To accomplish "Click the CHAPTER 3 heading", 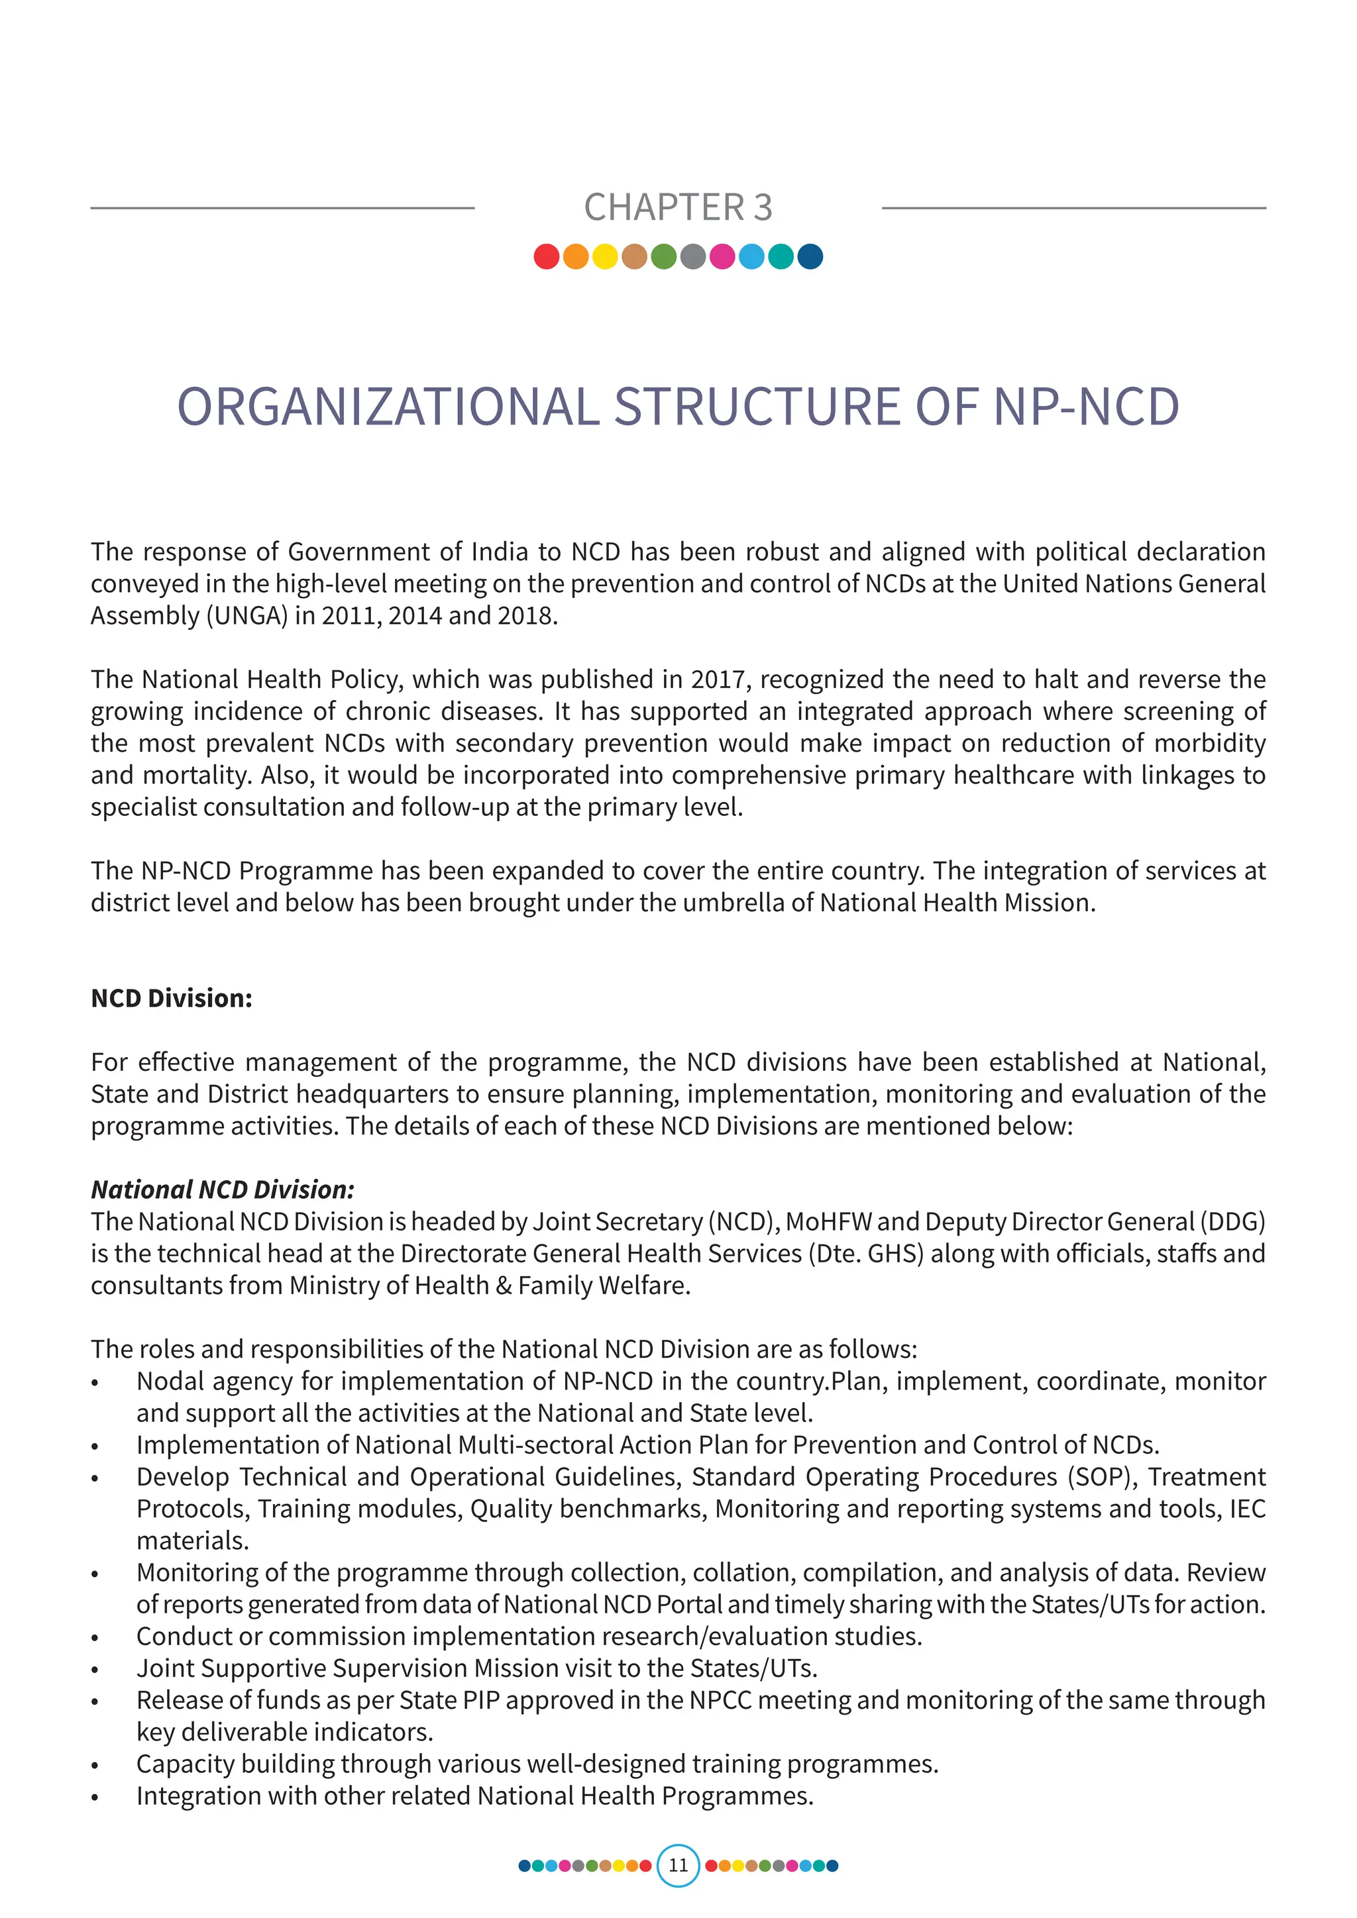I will pos(678,207).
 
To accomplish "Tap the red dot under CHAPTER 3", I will pos(547,256).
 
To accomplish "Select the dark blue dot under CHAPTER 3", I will pos(810,256).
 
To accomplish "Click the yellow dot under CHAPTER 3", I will pos(605,256).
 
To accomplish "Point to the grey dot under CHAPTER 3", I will pos(692,256).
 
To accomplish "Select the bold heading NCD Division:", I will pos(172,998).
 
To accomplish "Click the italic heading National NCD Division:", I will pos(222,1189).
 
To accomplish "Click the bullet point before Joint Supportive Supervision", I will pos(95,1670).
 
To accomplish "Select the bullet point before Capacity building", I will pos(95,1766).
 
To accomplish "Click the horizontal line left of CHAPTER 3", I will pos(282,208).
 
